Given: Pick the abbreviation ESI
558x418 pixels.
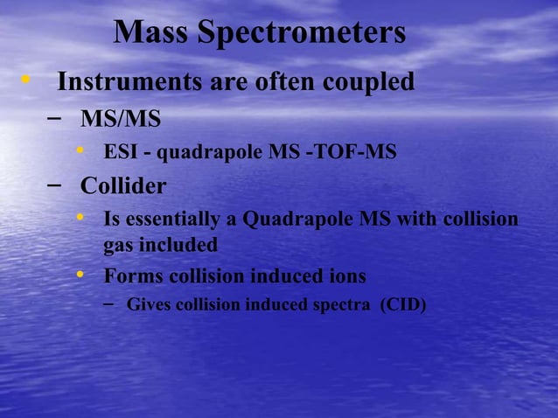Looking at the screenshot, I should click(121, 153).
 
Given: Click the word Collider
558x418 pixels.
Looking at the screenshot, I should click(123, 186).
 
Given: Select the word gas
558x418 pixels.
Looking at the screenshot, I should click(117, 245).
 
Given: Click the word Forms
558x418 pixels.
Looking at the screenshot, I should click(129, 276).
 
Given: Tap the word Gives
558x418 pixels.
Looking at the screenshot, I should click(149, 305).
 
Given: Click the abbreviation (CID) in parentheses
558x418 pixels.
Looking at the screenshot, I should click(402, 305).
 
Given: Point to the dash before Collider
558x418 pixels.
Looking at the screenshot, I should click(54, 185).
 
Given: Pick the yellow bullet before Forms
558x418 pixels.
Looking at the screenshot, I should click(80, 275).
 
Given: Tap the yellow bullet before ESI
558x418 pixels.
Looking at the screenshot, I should click(80, 152).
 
